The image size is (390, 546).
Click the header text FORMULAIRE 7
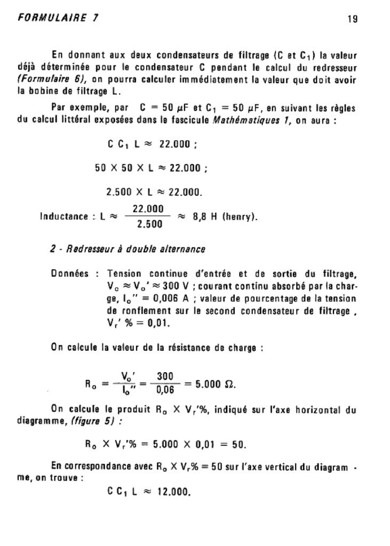click(58, 18)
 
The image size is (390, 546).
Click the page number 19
click(352, 19)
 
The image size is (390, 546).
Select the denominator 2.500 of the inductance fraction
click(149, 224)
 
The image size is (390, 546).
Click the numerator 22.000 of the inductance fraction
click(149, 209)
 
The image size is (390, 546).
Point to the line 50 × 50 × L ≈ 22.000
click(150, 168)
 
